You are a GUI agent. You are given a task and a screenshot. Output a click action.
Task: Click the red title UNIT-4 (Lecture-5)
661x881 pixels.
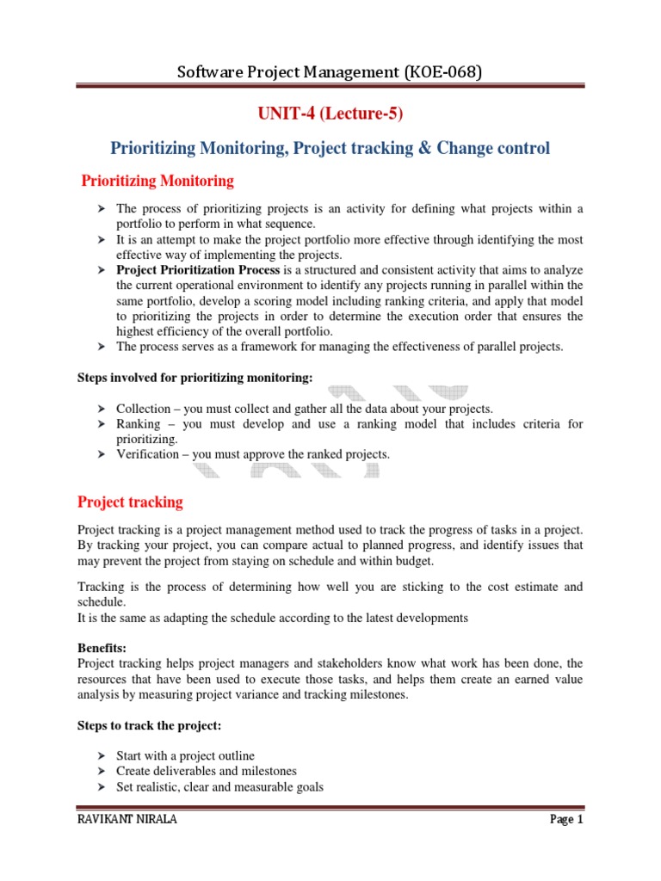click(x=330, y=114)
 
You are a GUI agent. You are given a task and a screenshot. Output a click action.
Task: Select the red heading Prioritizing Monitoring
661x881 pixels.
click(x=157, y=182)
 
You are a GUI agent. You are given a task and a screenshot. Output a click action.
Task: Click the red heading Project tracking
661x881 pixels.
click(x=130, y=502)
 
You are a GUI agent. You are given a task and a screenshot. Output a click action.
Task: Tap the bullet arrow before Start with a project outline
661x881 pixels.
click(x=100, y=755)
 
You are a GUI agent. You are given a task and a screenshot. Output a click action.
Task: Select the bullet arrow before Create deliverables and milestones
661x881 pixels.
click(x=100, y=771)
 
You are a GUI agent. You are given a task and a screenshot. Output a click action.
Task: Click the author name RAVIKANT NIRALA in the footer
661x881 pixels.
click(x=127, y=820)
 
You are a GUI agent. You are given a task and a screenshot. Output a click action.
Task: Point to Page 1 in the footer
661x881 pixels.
click(x=566, y=820)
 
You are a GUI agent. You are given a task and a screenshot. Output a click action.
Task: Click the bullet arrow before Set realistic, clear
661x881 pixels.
click(x=100, y=786)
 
